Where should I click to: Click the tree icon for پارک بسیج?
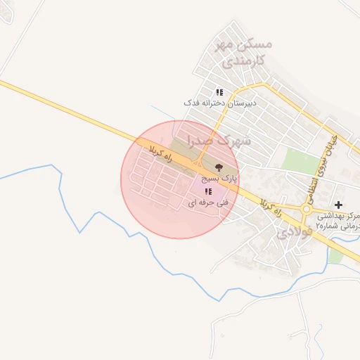click(219, 167)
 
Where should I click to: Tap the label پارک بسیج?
click(219, 179)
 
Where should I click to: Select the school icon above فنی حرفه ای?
click(208, 191)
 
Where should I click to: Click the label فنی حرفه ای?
click(208, 202)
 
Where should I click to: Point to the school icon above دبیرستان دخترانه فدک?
click(219, 91)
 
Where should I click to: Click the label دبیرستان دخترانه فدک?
click(220, 103)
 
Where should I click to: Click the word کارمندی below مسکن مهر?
click(245, 60)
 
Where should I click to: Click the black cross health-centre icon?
click(338, 204)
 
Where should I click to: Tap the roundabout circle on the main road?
click(307, 209)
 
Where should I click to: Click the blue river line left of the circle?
click(84, 218)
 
